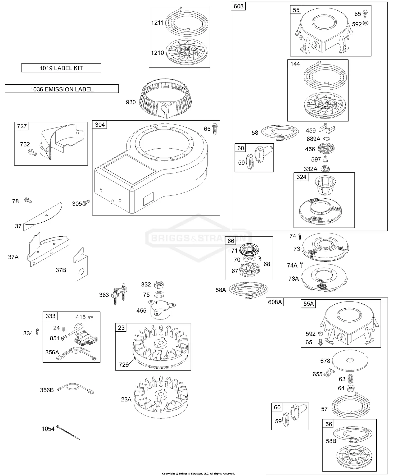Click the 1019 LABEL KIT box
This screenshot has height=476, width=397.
point(61,68)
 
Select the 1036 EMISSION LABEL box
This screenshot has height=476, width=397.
point(62,89)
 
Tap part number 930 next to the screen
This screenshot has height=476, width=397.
point(131,102)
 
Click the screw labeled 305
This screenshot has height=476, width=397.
point(86,203)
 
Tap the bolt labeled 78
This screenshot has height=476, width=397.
point(28,200)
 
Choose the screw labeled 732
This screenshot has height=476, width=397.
point(32,152)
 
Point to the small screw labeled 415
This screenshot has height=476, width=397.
point(91,317)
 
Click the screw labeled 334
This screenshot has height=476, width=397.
point(37,332)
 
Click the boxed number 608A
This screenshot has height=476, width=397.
point(275,302)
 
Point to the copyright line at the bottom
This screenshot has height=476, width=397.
point(198,474)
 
